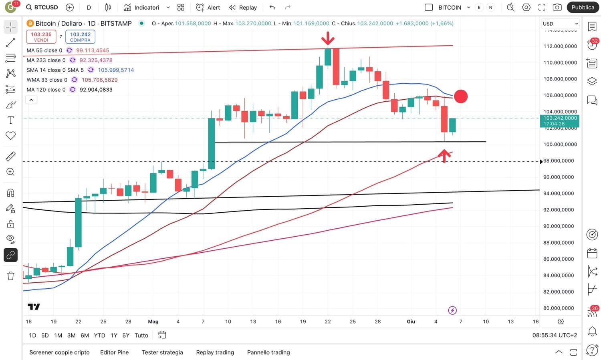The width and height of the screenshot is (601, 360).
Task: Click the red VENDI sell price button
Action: (41, 37)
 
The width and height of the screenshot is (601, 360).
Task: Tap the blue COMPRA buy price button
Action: (80, 37)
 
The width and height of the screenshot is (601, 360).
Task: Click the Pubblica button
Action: (583, 7)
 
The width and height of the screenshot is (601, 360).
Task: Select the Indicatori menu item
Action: (142, 7)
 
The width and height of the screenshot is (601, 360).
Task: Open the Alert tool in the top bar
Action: (208, 7)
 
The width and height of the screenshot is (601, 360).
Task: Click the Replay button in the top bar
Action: (243, 7)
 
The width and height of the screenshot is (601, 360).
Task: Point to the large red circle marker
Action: (461, 96)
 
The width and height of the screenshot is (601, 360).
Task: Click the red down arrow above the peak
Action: (328, 38)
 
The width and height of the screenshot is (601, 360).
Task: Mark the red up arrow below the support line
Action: (444, 155)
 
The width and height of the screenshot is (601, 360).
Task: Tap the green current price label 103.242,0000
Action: (560, 121)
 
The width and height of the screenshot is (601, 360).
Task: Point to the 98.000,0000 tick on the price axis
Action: (558, 161)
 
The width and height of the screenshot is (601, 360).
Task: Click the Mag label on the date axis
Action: (153, 322)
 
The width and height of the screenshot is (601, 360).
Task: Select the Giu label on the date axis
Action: (411, 322)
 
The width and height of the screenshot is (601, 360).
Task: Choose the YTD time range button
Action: (99, 336)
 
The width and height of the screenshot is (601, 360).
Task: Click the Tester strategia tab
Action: (162, 352)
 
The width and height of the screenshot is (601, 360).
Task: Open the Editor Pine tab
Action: (114, 352)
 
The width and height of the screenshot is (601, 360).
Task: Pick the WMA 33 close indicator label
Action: (47, 80)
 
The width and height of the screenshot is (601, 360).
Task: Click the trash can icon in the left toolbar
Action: (10, 276)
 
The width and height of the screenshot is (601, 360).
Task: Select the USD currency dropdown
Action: (560, 24)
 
